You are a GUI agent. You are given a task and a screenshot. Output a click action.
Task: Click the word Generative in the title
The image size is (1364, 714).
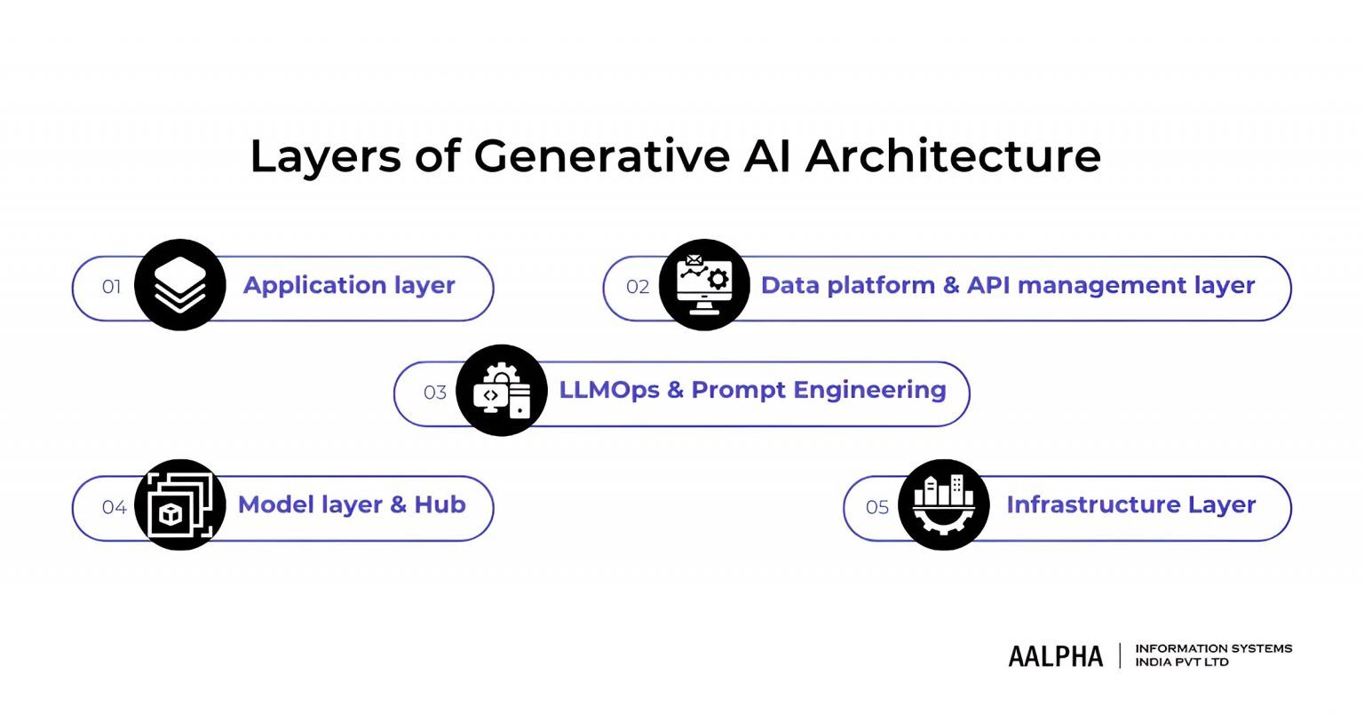click(x=601, y=156)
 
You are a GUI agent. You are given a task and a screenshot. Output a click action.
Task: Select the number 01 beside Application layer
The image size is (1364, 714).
click(x=111, y=287)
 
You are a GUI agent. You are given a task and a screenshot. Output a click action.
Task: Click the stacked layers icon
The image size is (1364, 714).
click(x=179, y=286)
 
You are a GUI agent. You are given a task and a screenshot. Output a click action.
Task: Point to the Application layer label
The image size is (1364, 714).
click(x=349, y=286)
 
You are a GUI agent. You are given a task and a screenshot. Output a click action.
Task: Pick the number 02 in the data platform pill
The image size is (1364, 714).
click(x=638, y=287)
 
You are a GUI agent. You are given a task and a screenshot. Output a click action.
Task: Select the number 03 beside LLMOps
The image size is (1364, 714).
click(x=435, y=393)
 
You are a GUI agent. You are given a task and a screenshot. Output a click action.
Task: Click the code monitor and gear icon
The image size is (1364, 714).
click(x=502, y=391)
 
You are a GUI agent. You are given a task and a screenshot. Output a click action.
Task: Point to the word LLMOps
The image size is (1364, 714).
click(x=609, y=391)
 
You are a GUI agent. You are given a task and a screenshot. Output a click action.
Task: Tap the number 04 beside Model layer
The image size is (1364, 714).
click(x=114, y=507)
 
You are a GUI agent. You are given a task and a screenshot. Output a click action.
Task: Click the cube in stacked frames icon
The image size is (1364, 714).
click(x=179, y=505)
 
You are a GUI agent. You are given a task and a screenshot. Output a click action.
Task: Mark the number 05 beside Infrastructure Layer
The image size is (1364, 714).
click(x=877, y=507)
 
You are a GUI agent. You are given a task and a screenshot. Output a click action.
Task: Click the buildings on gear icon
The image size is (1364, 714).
click(x=943, y=505)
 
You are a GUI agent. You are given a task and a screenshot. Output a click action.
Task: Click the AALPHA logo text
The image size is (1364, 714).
click(x=1055, y=656)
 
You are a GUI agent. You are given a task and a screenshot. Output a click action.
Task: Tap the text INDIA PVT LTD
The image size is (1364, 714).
click(x=1182, y=662)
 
